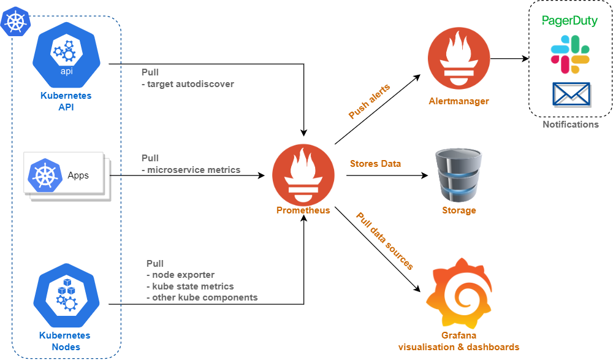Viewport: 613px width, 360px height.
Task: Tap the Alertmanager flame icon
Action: [x=459, y=59]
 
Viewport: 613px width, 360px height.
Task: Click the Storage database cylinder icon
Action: [x=459, y=175]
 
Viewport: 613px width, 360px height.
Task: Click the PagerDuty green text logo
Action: [x=570, y=21]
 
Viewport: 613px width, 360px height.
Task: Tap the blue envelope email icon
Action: [x=571, y=94]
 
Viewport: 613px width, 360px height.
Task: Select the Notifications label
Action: [x=571, y=124]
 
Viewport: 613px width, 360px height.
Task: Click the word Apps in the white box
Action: [x=78, y=175]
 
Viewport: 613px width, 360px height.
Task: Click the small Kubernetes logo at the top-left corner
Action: [x=15, y=22]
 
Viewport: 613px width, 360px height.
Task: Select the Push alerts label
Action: [x=369, y=102]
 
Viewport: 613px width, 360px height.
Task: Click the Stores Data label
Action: [x=375, y=164]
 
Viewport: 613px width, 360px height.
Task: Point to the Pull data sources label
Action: [x=384, y=241]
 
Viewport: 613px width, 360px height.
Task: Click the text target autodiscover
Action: [x=191, y=84]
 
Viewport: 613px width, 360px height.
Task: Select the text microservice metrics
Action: [x=194, y=170]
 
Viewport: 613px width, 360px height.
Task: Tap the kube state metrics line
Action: [x=193, y=286]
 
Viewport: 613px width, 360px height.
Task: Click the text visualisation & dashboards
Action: [x=459, y=347]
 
